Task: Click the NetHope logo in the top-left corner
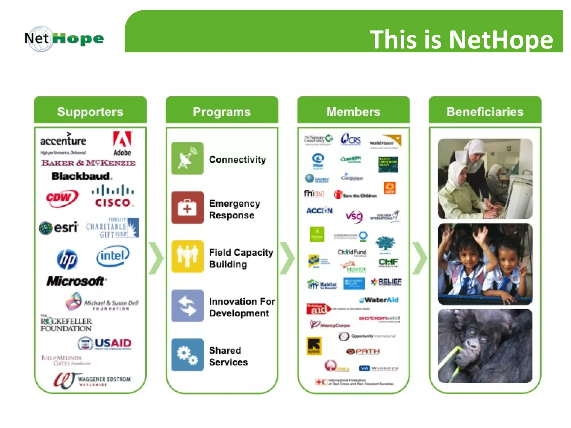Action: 64,39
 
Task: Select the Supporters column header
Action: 90,111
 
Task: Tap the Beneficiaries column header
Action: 485,111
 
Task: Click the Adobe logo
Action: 122,143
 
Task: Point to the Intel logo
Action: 113,256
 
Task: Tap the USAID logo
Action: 105,344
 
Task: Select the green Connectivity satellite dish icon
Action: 187,158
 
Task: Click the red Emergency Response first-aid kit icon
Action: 187,208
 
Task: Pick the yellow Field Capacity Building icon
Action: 187,256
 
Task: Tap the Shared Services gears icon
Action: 187,355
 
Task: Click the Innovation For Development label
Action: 242,307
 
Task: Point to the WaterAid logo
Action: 379,300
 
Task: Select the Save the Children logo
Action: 355,195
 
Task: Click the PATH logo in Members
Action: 363,351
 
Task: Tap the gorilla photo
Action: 485,346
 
